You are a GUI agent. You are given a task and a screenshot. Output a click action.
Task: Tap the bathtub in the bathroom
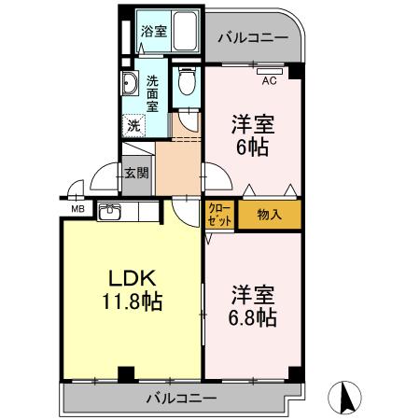click(x=182, y=31)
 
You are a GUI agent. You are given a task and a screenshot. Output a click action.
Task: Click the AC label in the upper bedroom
click(x=269, y=79)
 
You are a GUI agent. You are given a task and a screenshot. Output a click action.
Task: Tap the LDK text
click(x=134, y=279)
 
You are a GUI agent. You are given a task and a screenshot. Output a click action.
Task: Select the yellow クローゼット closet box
click(x=220, y=214)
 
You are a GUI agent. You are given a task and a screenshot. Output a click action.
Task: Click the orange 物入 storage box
click(x=269, y=215)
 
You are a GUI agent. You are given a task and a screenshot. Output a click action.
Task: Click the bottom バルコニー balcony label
click(x=180, y=399)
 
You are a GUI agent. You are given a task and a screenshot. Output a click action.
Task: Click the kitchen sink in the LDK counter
click(x=109, y=210)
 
